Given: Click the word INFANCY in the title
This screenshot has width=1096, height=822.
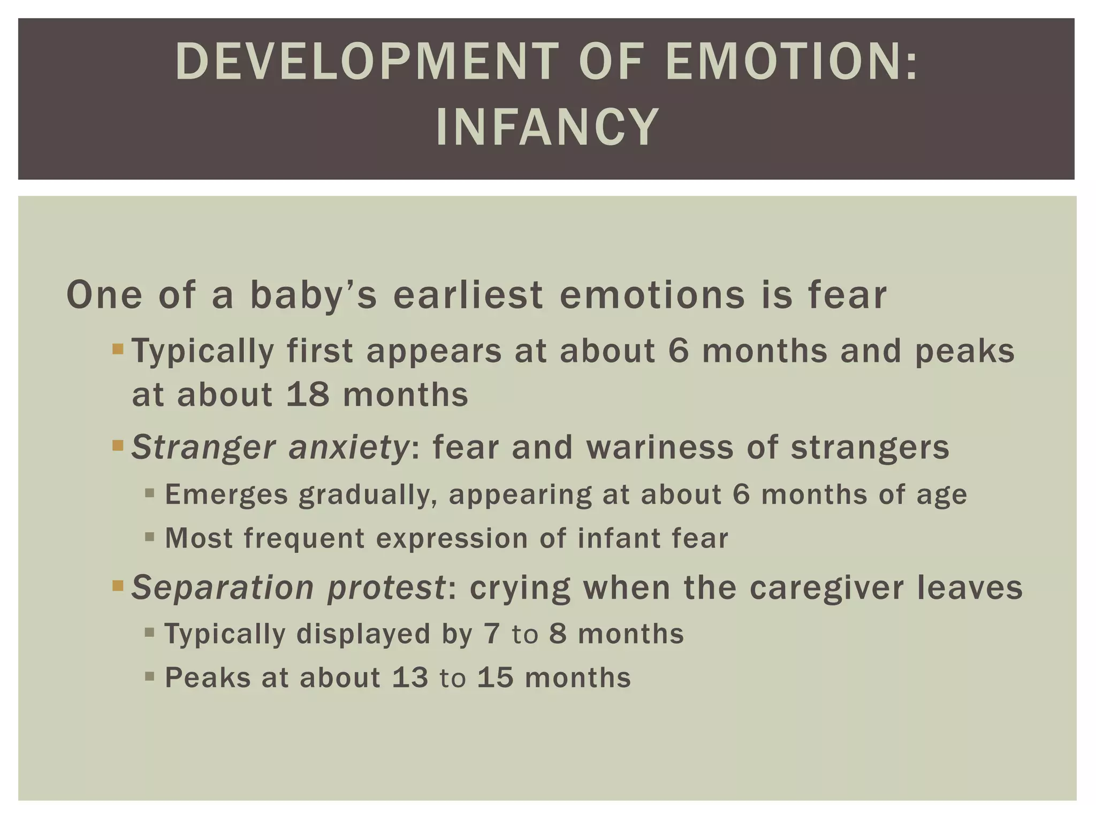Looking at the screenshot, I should click(x=547, y=127).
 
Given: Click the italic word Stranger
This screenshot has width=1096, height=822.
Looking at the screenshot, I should click(x=203, y=447).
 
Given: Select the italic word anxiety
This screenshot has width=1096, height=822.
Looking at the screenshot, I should click(x=348, y=447).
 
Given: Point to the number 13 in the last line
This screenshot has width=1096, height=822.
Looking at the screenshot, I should click(x=410, y=678).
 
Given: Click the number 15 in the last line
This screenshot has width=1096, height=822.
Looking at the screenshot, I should click(x=496, y=678).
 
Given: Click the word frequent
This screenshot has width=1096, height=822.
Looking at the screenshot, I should click(x=304, y=538).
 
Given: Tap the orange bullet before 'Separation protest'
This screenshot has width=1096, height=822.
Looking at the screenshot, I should click(x=118, y=587).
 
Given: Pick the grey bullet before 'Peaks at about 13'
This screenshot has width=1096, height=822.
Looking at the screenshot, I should click(x=150, y=676).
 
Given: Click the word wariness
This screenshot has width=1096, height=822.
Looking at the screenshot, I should click(x=660, y=447).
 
